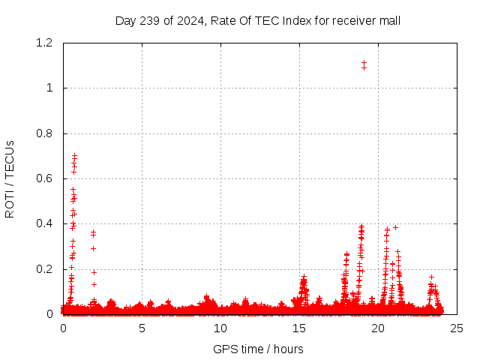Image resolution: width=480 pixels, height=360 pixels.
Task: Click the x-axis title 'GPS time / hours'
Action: coord(258,349)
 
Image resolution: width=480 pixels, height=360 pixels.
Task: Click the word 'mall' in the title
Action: coord(388,20)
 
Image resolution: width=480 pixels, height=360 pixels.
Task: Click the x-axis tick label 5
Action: coord(142,328)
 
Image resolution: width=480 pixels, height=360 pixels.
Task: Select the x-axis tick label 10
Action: coord(220,328)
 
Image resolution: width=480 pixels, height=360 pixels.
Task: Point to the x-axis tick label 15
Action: coord(299,328)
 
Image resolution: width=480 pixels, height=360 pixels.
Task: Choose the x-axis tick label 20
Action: coord(378,328)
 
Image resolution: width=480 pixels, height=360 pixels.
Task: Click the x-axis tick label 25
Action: coord(457,328)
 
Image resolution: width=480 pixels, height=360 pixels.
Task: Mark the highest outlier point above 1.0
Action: coord(364,63)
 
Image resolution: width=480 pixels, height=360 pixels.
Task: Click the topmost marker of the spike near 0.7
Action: coord(74,156)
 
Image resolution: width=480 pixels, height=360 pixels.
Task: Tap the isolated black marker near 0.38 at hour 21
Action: coord(395,227)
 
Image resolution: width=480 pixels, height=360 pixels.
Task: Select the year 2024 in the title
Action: coord(190,20)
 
